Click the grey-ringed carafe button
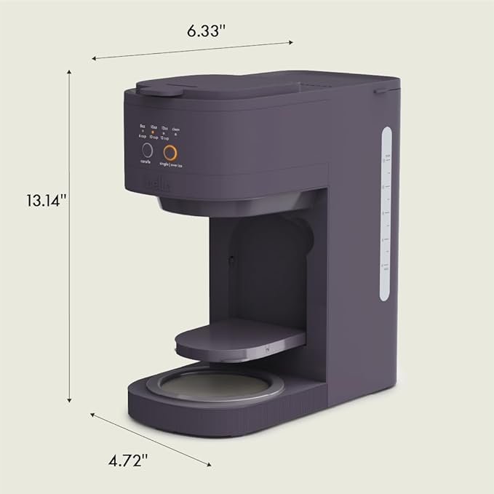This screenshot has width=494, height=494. click(x=147, y=151)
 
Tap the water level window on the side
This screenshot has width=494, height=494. click(x=386, y=214)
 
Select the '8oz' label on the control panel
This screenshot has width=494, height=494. click(x=143, y=126)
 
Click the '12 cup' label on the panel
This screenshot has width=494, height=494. click(x=166, y=137)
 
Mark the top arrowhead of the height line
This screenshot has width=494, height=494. click(x=70, y=71)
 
